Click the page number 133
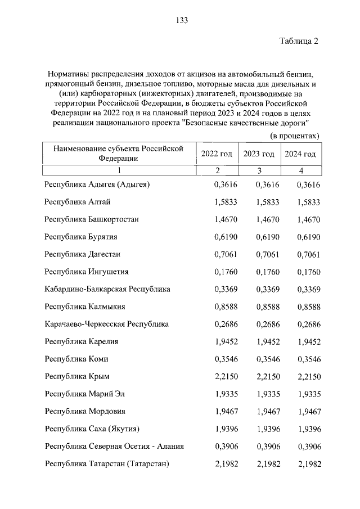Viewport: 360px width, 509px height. click(x=181, y=20)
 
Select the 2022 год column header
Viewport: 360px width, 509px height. click(x=217, y=154)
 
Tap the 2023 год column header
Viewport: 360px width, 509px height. click(x=259, y=154)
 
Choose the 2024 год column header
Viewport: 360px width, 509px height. click(x=300, y=154)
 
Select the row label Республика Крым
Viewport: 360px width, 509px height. click(x=76, y=376)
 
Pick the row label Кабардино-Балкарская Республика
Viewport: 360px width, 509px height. click(x=107, y=289)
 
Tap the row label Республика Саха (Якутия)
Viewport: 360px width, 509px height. click(x=92, y=429)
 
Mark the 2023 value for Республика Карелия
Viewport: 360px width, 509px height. click(x=267, y=341)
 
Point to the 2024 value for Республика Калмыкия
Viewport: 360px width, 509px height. click(x=309, y=307)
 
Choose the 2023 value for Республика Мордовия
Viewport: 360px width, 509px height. click(x=267, y=411)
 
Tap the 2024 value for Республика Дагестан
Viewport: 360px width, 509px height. click(x=309, y=254)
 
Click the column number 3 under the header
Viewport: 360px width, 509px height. click(x=259, y=170)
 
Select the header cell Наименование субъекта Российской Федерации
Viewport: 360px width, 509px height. click(x=119, y=153)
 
